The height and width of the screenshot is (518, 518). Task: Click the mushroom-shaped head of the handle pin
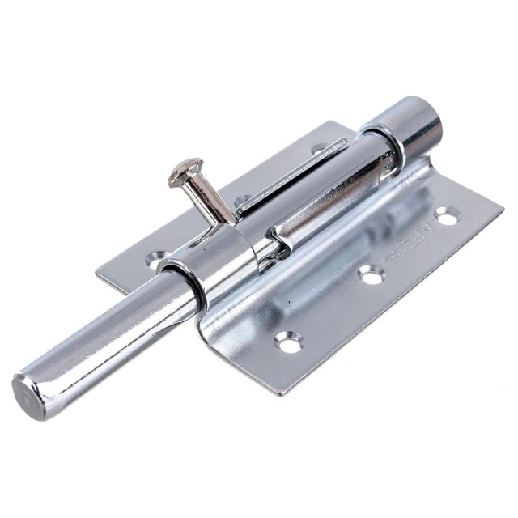(185, 169)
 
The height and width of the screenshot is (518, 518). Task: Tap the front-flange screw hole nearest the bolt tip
(288, 342)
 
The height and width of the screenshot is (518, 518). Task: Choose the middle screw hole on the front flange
(370, 276)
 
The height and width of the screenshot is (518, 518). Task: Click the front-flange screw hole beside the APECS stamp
(445, 215)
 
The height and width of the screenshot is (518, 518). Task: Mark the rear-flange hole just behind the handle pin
(242, 200)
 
